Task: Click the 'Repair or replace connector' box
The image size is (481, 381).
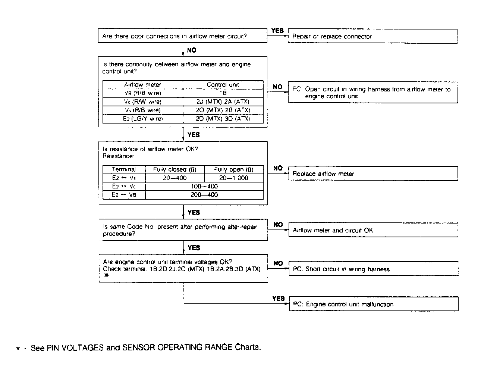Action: coord(372,36)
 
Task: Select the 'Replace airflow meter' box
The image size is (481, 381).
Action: coord(373,174)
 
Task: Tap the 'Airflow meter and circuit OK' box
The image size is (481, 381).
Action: coord(373,230)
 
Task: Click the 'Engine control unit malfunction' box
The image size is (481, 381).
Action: coord(373,304)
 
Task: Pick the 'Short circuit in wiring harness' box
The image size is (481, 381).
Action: coord(373,269)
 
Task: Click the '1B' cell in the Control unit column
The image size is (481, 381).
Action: coord(223,93)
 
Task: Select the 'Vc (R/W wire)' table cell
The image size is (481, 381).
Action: coord(143,102)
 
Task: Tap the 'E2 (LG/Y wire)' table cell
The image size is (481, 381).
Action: coord(143,119)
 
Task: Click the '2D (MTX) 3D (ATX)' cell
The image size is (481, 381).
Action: coord(223,119)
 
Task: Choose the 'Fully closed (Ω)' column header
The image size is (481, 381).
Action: coord(175,169)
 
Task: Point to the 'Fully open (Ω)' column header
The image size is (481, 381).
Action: coord(233,169)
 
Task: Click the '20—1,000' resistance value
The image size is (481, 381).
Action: coord(233,178)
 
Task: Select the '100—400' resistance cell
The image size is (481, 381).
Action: coord(204,186)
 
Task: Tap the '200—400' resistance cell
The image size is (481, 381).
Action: coord(204,195)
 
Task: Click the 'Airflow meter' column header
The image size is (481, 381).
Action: coord(143,85)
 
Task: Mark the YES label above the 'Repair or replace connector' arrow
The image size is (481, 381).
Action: coord(277,31)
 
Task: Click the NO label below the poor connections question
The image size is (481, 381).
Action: coord(192,50)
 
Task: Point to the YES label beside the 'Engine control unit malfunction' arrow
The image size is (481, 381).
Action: coord(278,299)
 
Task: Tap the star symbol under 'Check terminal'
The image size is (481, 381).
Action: coord(107,275)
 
